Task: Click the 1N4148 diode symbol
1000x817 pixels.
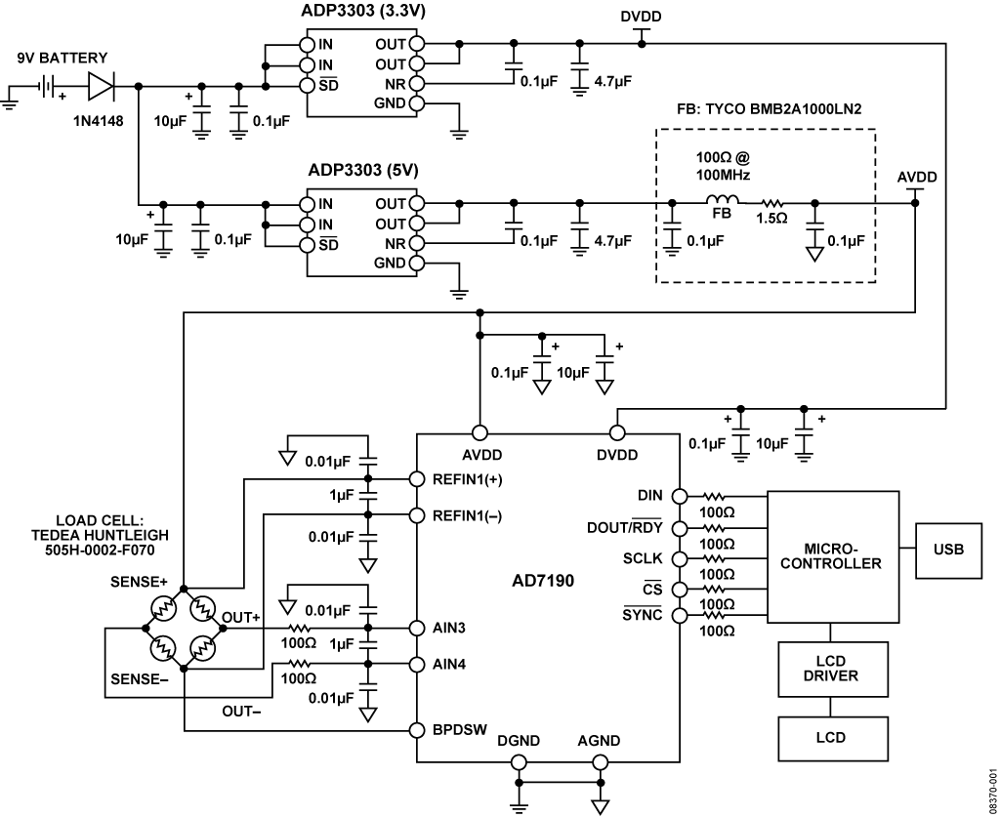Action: tap(102, 87)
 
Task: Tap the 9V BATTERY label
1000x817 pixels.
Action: tap(61, 57)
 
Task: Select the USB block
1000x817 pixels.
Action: tap(948, 549)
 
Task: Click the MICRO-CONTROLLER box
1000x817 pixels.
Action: tap(832, 555)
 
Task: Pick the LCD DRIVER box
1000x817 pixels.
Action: tap(833, 670)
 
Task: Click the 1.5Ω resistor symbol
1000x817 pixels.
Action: tap(772, 204)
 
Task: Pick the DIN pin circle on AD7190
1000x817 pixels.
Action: tap(679, 497)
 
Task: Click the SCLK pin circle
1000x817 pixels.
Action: tap(679, 558)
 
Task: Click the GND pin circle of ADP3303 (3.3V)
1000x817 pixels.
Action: tap(417, 104)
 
